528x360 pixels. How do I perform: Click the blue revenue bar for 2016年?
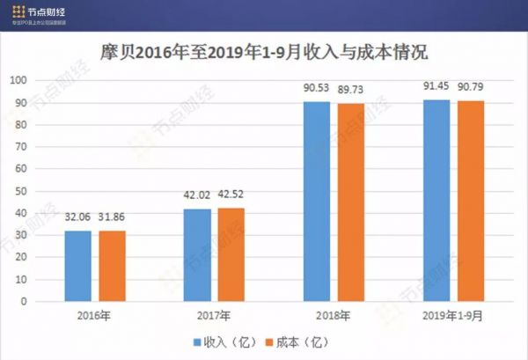pos(77,266)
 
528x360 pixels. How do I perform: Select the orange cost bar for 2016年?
pos(112,266)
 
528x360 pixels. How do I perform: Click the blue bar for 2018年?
pos(317,202)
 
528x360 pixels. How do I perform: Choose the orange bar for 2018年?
pos(351,202)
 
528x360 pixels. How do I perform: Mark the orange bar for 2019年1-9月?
pos(471,202)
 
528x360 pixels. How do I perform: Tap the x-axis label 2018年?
pos(334,315)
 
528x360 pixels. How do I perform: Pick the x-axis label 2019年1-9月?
pos(453,315)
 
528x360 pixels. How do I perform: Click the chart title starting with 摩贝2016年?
pos(264,52)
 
